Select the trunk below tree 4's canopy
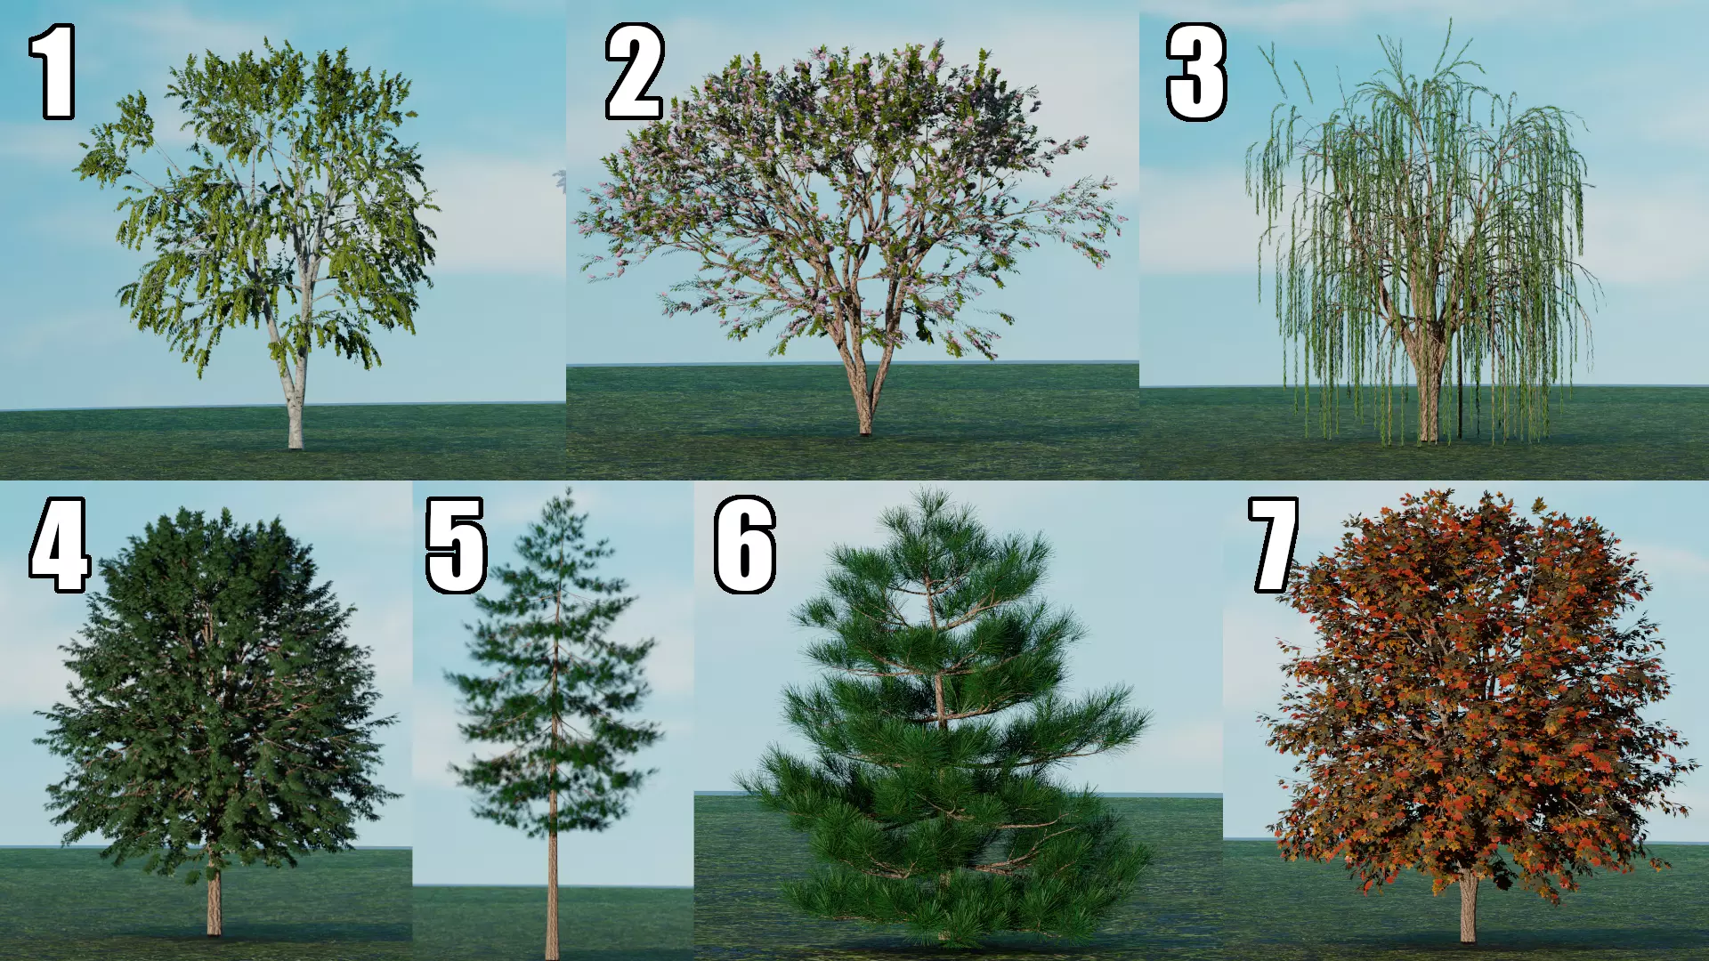point(214,903)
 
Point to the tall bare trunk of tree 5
point(553,890)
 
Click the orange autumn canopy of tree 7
point(1469,694)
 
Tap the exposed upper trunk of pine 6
point(937,694)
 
